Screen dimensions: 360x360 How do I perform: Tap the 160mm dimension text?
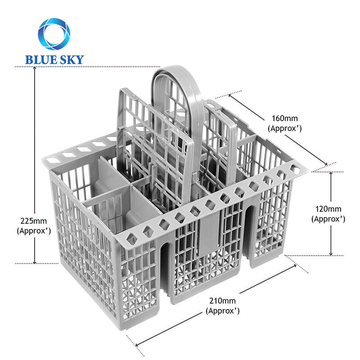click(x=284, y=119)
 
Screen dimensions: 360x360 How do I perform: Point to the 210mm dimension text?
click(x=222, y=301)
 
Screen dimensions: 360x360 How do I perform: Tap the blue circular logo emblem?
click(x=54, y=34)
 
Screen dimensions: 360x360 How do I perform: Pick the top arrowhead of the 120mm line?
click(x=332, y=174)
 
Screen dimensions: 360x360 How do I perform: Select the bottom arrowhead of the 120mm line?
click(x=332, y=253)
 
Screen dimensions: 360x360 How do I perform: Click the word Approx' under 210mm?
click(x=222, y=311)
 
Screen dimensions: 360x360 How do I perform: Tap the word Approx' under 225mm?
click(x=33, y=231)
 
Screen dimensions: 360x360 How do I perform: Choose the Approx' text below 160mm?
click(x=284, y=128)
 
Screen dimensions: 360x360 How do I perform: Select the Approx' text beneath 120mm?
click(x=328, y=219)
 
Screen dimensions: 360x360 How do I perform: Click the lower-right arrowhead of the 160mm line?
click(x=324, y=164)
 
